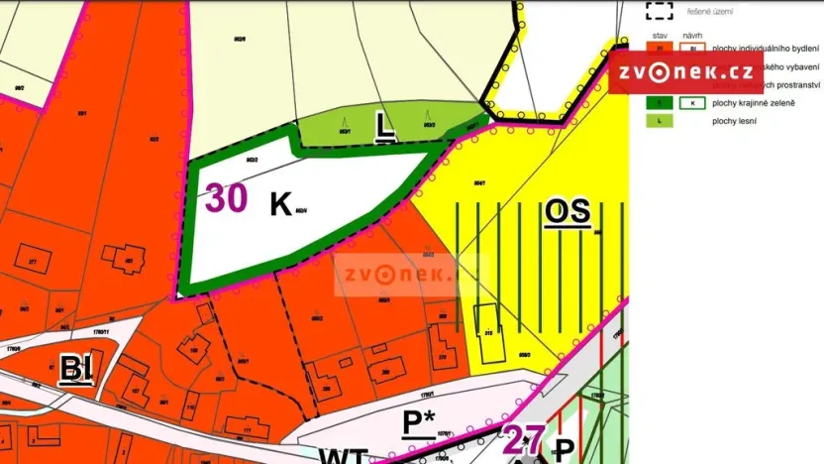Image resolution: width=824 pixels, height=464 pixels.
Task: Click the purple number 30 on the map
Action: [227, 198]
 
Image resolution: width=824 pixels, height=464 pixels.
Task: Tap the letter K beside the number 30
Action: [280, 204]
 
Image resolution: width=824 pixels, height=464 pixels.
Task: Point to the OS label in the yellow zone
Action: [567, 211]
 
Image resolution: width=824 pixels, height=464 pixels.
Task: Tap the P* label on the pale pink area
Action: [420, 422]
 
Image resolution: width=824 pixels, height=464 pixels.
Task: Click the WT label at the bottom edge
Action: [344, 456]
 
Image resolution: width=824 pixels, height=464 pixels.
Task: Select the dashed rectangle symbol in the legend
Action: [659, 11]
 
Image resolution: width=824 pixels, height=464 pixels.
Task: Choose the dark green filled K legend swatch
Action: [658, 102]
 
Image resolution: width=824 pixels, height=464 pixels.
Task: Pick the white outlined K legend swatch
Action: [692, 102]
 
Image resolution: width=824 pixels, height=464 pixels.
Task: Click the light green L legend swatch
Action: [658, 120]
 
